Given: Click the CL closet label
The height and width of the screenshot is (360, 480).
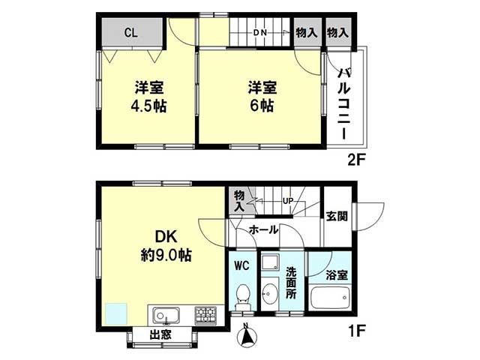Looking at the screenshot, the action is click(x=131, y=32).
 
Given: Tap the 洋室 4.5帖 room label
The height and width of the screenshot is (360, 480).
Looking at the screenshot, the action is click(x=149, y=97).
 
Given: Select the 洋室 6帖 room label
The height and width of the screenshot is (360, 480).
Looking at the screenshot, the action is click(x=262, y=97).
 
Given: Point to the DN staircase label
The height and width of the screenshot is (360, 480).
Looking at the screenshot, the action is click(x=260, y=32).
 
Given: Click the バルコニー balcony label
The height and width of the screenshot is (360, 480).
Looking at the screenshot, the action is click(x=344, y=103).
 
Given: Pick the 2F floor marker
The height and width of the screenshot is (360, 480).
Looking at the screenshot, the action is click(x=357, y=160).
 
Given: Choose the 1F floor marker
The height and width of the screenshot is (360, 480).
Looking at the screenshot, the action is click(x=357, y=330).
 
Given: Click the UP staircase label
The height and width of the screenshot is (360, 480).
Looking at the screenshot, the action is click(x=288, y=201).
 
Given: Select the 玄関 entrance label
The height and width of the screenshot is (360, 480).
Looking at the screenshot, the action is click(x=337, y=217).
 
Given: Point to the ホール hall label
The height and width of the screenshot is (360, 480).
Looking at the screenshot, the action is click(x=263, y=229).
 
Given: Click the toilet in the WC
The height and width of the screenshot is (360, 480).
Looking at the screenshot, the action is click(x=243, y=298).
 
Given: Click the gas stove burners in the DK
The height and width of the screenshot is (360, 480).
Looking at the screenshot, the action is click(x=205, y=315).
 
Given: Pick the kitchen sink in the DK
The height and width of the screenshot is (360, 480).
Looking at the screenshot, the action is click(x=166, y=316).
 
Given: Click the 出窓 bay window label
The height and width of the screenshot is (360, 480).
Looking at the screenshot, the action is click(x=160, y=335).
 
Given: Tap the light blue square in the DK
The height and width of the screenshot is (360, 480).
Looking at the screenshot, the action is click(x=116, y=313).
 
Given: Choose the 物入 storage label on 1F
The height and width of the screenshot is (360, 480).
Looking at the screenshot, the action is click(x=239, y=201).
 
